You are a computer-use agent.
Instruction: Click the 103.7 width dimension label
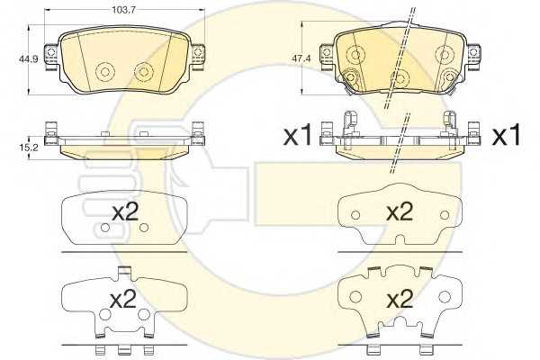click(123, 10)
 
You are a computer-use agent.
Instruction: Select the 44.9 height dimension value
click(26, 58)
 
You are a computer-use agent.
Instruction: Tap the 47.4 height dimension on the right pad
click(301, 58)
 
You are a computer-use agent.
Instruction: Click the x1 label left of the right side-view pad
click(297, 135)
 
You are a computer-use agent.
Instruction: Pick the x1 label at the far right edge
click(506, 135)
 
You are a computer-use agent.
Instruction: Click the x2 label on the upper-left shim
click(126, 211)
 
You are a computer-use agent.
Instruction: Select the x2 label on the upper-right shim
click(400, 211)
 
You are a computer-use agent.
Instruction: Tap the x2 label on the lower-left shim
click(123, 300)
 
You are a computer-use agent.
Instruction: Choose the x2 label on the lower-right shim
click(400, 300)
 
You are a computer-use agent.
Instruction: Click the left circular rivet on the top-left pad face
click(105, 72)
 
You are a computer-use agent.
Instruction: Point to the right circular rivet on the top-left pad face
click(144, 71)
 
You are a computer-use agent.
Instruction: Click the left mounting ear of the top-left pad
click(51, 56)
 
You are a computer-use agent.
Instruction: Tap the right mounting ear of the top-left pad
click(197, 56)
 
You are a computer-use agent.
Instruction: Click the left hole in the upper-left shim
click(105, 228)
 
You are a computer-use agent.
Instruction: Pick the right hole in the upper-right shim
click(445, 215)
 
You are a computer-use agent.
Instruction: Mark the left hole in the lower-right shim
click(355, 296)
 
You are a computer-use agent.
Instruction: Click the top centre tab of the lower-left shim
click(124, 272)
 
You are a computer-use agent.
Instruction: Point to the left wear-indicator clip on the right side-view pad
click(351, 122)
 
